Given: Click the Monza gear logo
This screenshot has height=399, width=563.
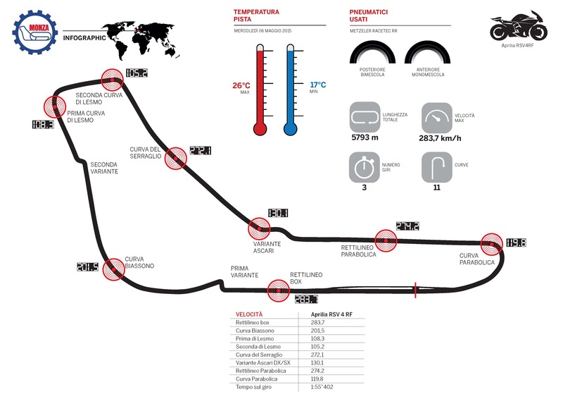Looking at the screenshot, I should [x=34, y=34].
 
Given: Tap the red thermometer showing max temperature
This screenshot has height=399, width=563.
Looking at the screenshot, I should [x=260, y=92].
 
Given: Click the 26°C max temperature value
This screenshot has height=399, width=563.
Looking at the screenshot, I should [x=241, y=85].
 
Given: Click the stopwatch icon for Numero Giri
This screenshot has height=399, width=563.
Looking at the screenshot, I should [x=365, y=168].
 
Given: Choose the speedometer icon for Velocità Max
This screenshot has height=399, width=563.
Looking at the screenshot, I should [x=436, y=117].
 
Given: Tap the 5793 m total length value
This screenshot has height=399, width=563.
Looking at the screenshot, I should [x=365, y=137].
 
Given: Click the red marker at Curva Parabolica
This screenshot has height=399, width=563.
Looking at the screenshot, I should [x=492, y=243].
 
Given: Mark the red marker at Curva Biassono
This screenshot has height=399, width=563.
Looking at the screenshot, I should [x=113, y=269].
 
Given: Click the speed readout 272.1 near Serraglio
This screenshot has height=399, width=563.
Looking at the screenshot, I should [x=201, y=150].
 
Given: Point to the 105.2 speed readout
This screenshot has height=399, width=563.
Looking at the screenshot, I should [x=137, y=73].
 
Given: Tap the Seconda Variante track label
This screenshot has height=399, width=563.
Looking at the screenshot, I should [x=103, y=168].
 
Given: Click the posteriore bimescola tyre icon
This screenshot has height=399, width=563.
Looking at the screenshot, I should [x=372, y=54].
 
